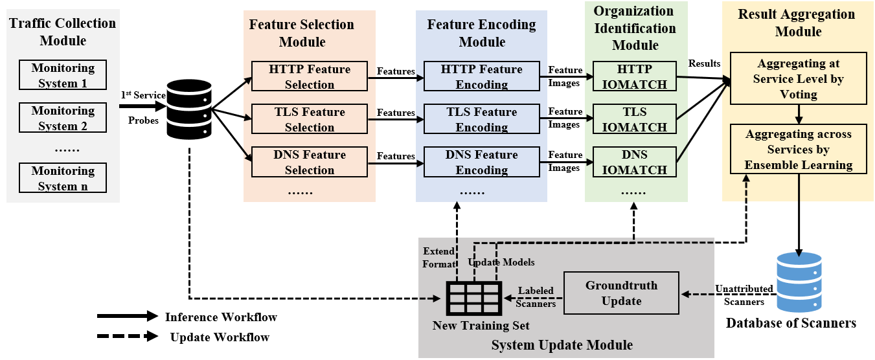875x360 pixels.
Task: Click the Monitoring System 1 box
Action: click(63, 76)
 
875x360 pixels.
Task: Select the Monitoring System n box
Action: click(63, 179)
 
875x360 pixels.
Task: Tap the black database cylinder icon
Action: click(190, 110)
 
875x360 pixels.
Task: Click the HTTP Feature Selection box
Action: click(310, 77)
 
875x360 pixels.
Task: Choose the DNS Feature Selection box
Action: click(310, 163)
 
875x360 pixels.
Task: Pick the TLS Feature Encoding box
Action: click(481, 120)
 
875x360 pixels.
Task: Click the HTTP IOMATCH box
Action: click(634, 77)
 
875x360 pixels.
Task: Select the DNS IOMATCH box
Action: click(634, 163)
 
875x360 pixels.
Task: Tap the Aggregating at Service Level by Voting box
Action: click(798, 79)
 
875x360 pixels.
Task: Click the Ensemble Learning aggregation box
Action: click(798, 150)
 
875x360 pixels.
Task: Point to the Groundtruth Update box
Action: click(621, 293)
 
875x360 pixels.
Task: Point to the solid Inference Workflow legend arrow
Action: click(127, 317)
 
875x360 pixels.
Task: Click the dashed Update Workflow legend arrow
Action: click(127, 337)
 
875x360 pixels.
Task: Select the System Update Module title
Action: click(562, 344)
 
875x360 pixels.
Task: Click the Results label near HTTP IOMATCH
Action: click(704, 63)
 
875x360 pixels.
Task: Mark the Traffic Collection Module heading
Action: click(63, 32)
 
